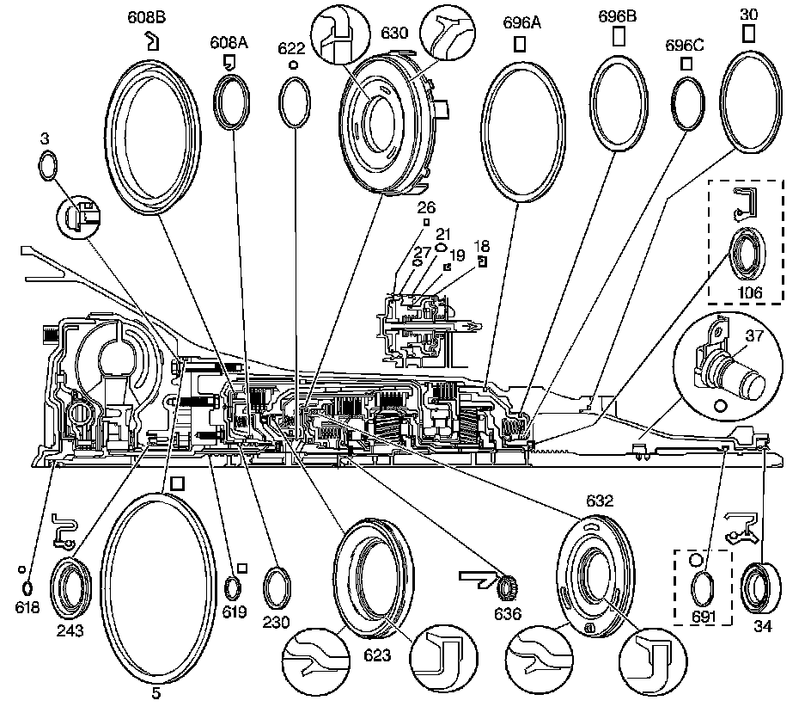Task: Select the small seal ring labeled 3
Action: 48,166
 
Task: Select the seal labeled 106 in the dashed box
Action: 744,255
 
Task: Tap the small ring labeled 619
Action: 233,589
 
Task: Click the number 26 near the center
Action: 426,207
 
